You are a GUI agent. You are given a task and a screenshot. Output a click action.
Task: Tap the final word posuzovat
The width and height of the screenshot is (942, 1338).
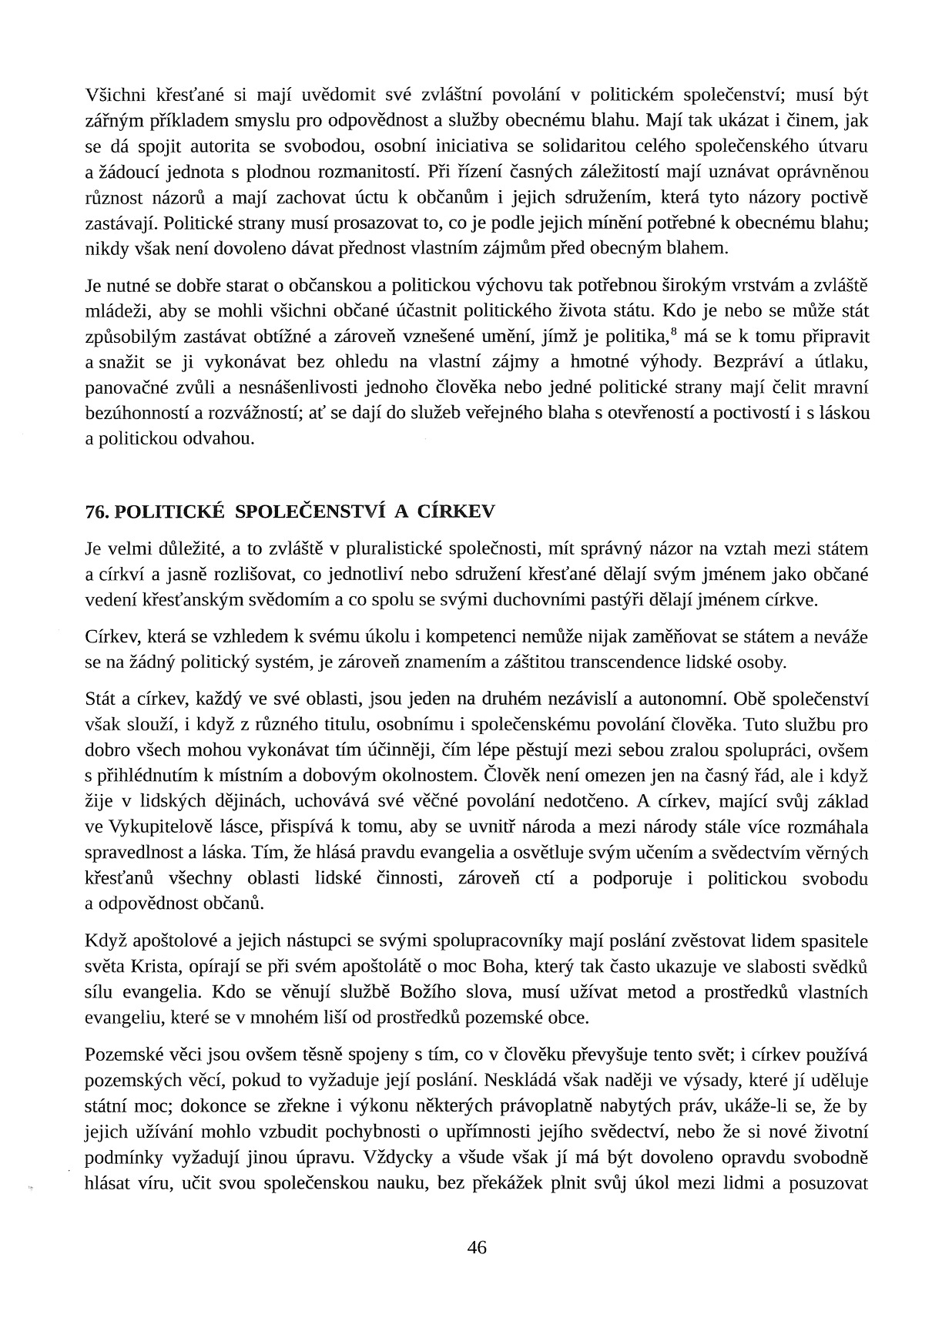(x=831, y=1183)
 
